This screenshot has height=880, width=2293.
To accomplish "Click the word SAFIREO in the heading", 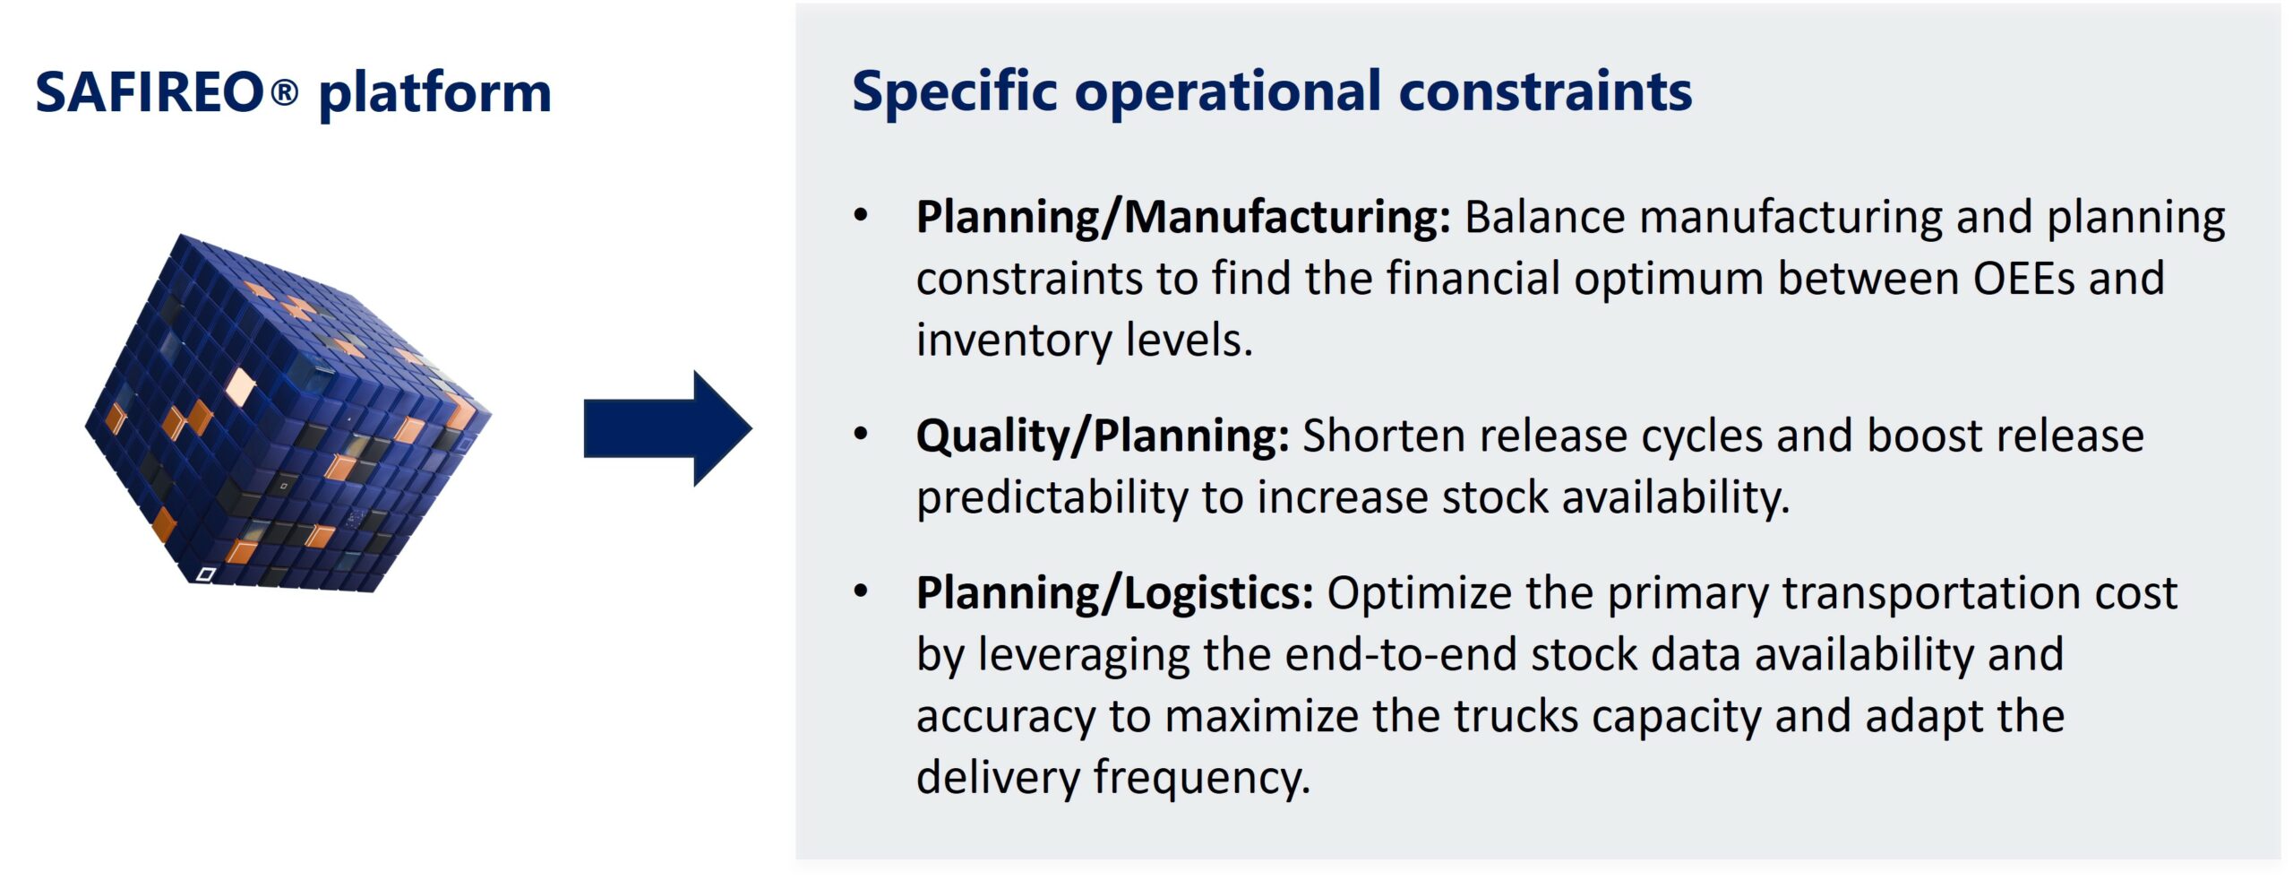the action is coord(150,92).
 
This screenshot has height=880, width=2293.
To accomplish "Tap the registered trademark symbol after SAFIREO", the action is coord(284,91).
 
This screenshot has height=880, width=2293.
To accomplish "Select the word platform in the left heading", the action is coord(435,94).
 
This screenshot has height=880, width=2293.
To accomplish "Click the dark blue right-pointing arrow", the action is coord(667,428).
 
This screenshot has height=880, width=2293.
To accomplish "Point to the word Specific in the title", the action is coord(955,93).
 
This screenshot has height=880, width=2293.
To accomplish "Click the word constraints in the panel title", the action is coord(1545,92).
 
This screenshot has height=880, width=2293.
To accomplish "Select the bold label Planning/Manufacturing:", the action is coord(1183,218).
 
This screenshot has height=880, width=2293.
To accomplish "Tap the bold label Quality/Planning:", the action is coord(1103,436).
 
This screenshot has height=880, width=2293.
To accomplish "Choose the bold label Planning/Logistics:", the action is coord(1114,593).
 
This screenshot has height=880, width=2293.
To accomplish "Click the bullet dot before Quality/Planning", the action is coord(861,435).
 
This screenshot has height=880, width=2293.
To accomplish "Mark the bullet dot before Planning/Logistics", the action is coord(861,591).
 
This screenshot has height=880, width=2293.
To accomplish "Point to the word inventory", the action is coord(1014,341).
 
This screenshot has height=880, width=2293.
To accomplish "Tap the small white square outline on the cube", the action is coord(205,574).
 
